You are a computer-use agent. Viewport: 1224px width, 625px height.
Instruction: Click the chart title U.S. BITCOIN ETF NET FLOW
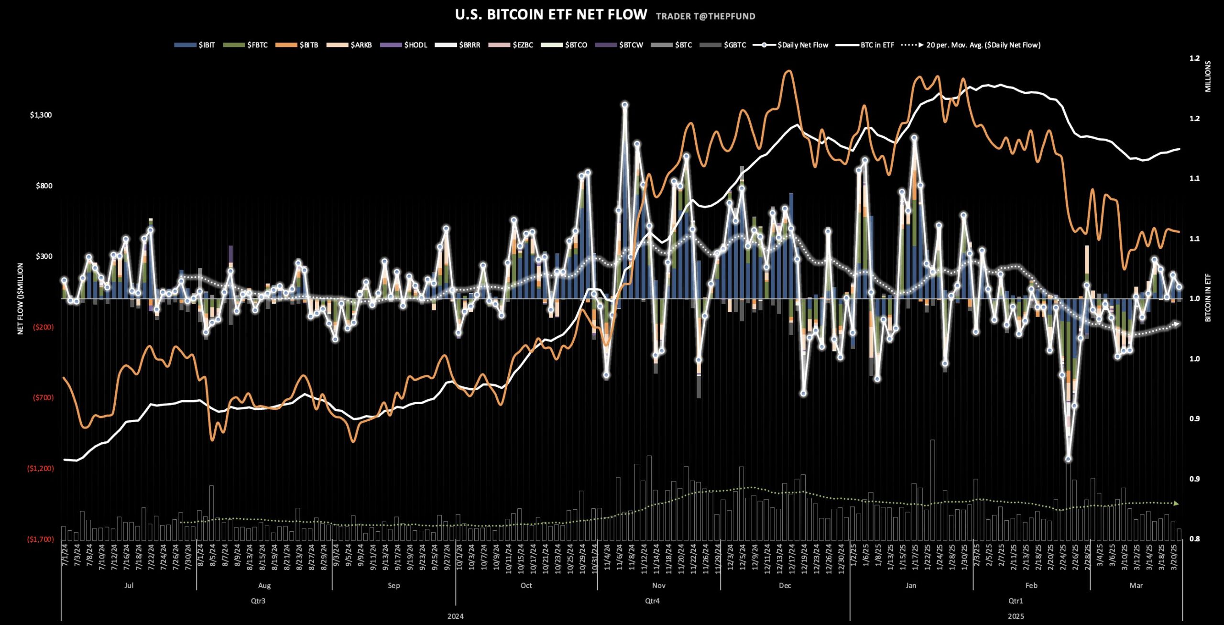tap(551, 15)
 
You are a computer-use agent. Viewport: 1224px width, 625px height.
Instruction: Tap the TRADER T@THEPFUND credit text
tap(705, 16)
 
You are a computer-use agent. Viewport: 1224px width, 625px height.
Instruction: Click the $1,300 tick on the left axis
tap(41, 115)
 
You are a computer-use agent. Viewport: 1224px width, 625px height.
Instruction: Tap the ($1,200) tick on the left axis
tap(41, 468)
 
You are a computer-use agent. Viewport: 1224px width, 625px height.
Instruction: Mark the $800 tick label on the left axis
tap(44, 186)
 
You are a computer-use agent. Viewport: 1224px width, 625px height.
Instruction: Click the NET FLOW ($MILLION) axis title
tap(20, 298)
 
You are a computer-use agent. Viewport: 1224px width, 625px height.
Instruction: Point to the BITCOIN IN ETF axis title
tap(1208, 297)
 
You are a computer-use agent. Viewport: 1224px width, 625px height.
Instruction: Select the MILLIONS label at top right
tap(1208, 77)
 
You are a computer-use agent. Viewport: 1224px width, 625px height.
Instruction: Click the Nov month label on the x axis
tap(658, 585)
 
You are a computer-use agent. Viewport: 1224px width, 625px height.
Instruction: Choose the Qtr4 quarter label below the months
tap(652, 601)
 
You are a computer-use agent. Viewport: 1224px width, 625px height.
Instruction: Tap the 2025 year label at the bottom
tap(1016, 616)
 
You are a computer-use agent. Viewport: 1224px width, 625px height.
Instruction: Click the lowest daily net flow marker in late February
tap(1068, 459)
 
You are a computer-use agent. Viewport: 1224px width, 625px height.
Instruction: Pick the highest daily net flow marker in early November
tap(624, 104)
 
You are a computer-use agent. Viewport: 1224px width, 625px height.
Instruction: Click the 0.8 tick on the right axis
tap(1194, 539)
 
